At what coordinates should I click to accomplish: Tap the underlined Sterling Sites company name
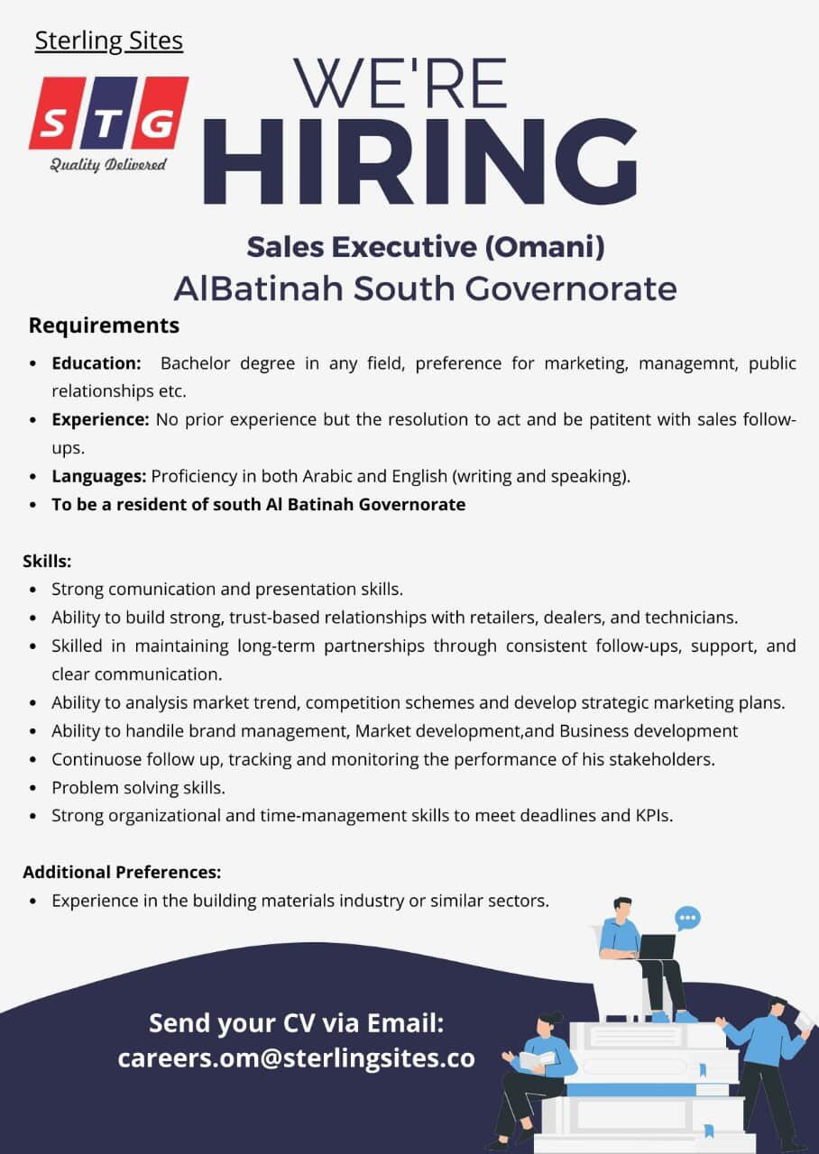(109, 41)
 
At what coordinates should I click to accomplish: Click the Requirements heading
(104, 325)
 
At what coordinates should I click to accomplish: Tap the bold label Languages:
(98, 476)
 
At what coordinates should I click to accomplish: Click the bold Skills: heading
(47, 561)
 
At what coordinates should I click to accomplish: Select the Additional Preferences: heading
(122, 872)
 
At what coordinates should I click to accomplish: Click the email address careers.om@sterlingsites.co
(296, 1058)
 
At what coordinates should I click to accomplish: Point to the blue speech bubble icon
(687, 918)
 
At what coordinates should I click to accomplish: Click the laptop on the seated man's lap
(656, 947)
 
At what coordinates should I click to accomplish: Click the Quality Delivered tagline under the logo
(108, 164)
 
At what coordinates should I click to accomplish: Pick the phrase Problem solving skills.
(138, 787)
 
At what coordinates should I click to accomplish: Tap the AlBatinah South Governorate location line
(425, 288)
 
